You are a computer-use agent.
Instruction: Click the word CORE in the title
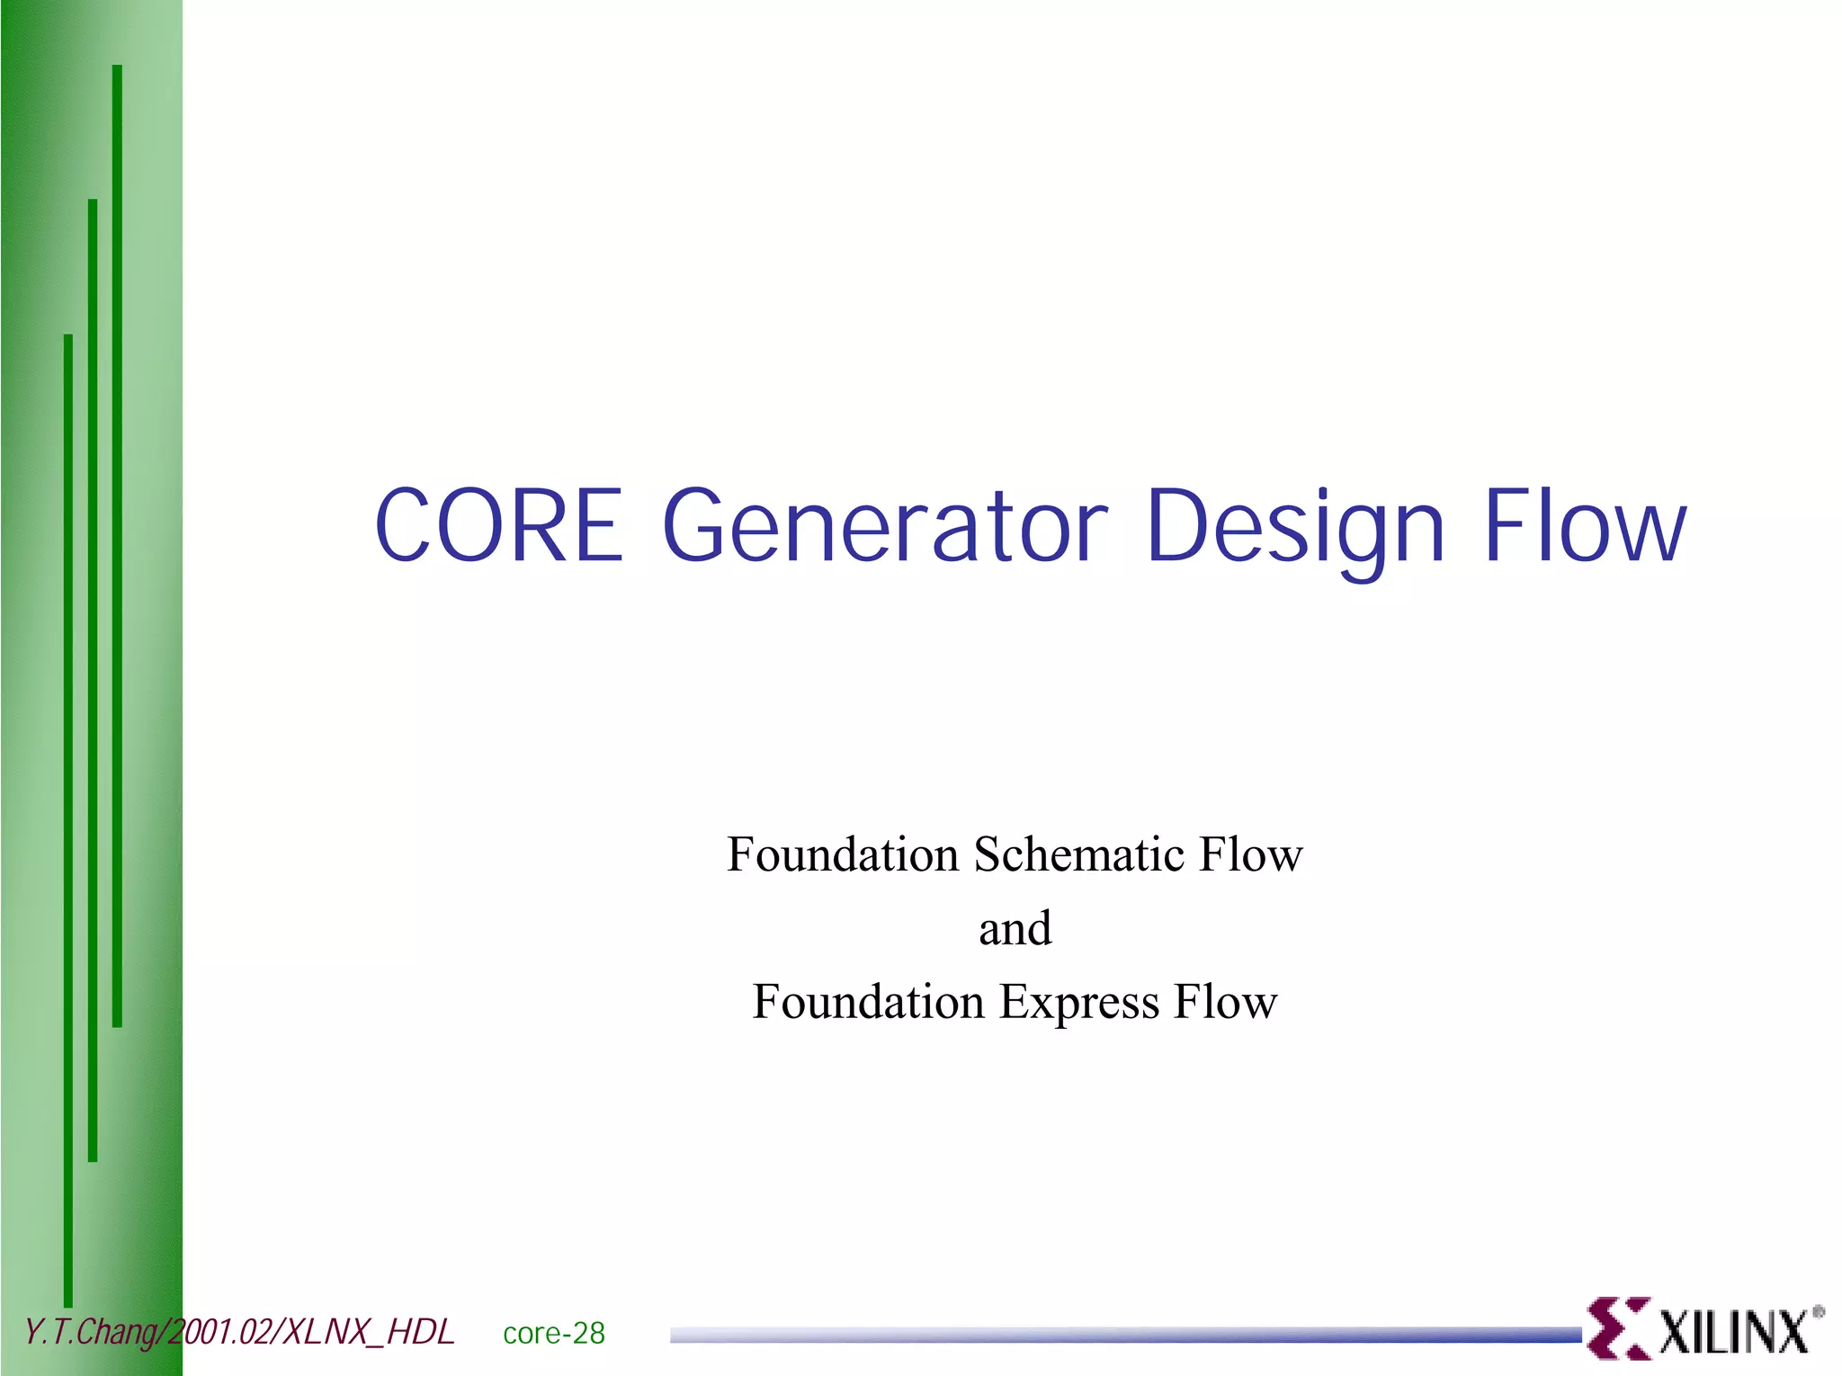tap(498, 525)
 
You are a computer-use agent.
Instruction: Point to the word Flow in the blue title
tap(1584, 525)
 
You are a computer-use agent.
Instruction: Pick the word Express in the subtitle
tap(1079, 1003)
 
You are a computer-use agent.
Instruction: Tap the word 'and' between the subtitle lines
tap(1015, 928)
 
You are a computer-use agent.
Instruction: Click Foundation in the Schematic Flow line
tap(843, 854)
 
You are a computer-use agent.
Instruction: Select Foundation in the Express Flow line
tap(869, 1002)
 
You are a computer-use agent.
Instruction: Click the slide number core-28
tap(554, 1333)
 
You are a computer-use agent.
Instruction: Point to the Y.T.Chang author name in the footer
tap(91, 1332)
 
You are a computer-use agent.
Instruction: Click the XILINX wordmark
tap(1732, 1332)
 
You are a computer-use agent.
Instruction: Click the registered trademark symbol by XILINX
tap(1818, 1312)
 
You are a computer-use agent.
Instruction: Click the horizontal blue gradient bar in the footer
tap(1124, 1336)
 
